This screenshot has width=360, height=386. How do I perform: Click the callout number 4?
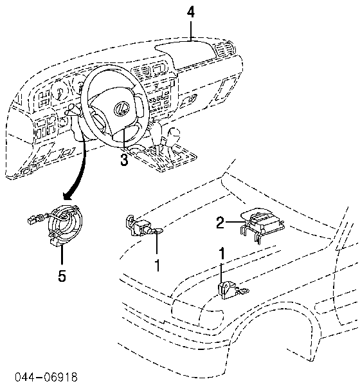point(191,13)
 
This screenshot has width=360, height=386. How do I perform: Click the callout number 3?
point(124,160)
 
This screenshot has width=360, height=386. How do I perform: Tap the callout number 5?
point(62,275)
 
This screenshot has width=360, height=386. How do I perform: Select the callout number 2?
point(221,223)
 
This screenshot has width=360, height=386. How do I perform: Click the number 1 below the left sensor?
point(157,265)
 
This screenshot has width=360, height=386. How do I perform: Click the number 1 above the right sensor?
point(222,253)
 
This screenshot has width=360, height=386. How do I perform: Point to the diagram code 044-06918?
point(46,377)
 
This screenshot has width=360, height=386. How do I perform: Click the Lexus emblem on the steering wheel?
point(122,108)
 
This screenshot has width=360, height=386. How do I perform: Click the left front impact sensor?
point(140,226)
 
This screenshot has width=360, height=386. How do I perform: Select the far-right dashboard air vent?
point(224,50)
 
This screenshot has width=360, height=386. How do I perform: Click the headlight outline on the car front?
point(197,309)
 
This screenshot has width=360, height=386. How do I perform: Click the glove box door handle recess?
point(190,99)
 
